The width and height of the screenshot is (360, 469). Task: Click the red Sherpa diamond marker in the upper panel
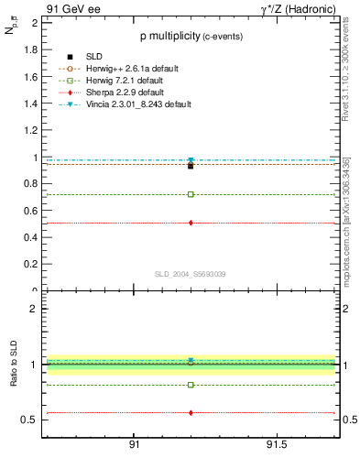click(x=191, y=223)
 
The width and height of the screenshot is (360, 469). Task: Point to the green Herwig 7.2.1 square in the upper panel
click(x=191, y=194)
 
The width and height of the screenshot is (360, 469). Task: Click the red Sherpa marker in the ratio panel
click(x=191, y=412)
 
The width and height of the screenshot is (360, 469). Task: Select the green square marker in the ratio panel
click(x=191, y=385)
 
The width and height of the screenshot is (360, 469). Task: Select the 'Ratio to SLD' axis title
click(x=15, y=377)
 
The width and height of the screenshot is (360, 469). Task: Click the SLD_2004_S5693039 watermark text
click(x=190, y=273)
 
